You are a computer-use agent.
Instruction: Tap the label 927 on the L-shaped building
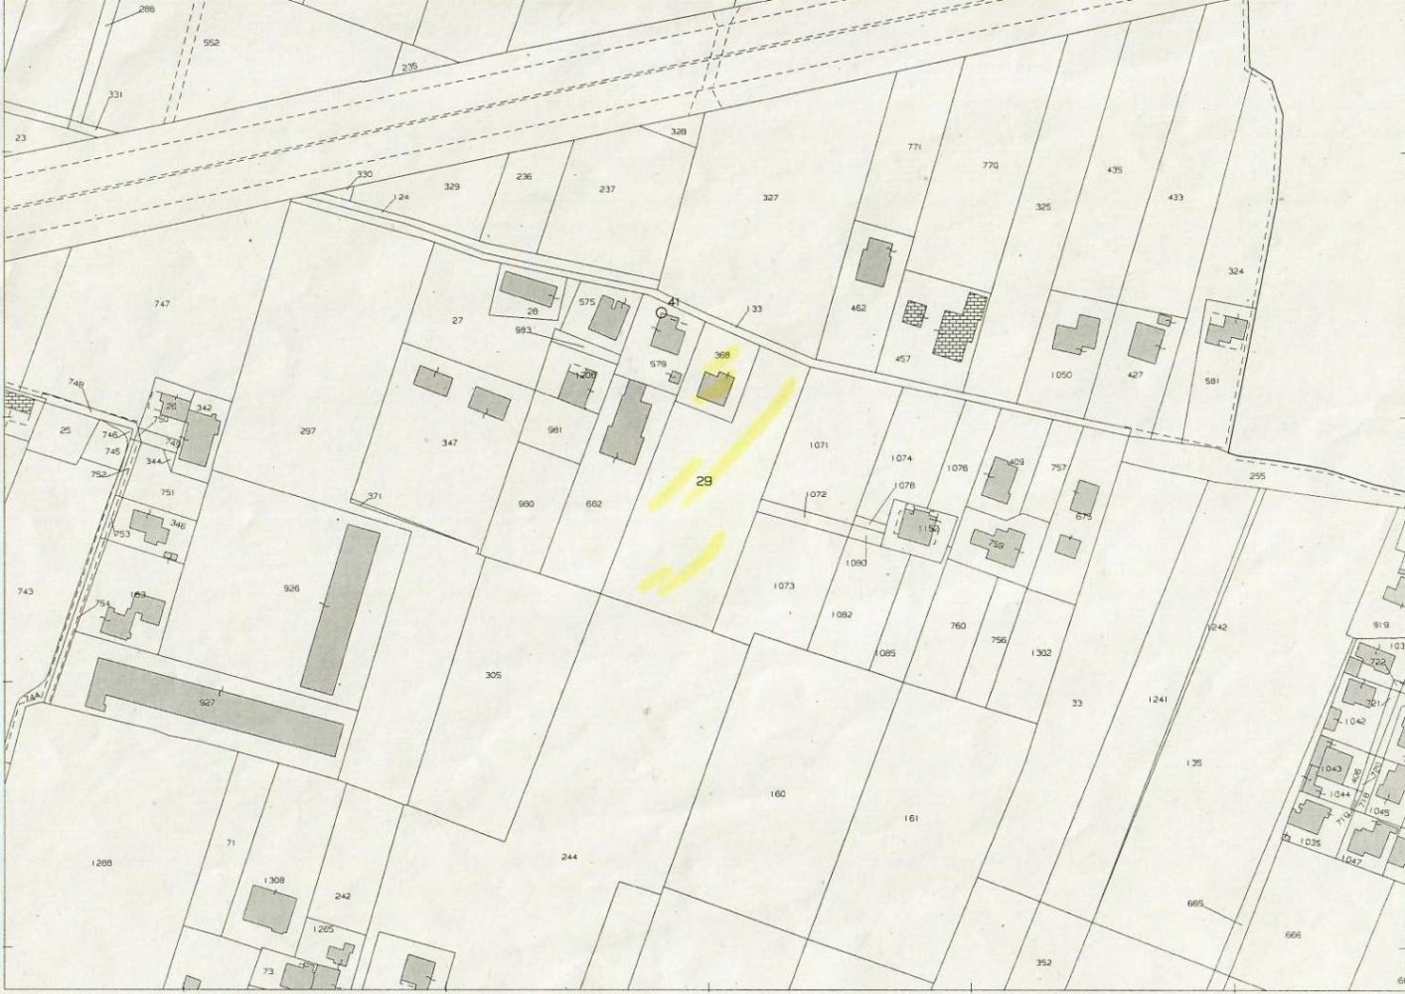206,703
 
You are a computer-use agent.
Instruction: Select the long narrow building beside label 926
340,609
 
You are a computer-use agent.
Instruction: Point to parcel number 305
493,676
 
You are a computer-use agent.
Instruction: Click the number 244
569,857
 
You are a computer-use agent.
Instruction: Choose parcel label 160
777,793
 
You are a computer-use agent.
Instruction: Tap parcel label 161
911,818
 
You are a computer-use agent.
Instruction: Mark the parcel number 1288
100,863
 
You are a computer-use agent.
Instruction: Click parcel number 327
770,198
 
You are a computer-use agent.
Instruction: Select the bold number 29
704,481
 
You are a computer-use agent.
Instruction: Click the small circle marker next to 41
662,312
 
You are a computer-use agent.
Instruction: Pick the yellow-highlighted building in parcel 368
713,386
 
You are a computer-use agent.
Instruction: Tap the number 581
1210,381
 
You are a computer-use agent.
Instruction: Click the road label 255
1257,477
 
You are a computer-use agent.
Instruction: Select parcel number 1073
783,586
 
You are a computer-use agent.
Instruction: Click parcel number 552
211,43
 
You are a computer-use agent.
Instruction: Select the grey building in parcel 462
876,262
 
